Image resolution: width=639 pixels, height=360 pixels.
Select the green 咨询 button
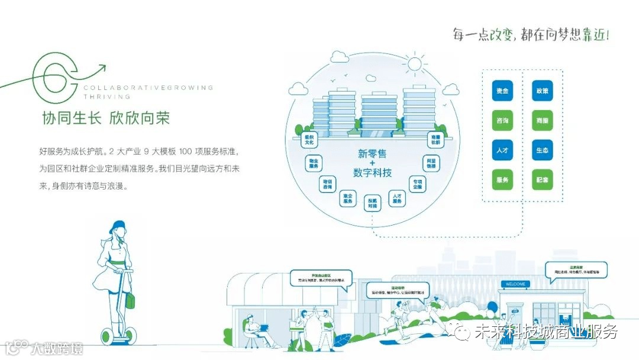[502, 121]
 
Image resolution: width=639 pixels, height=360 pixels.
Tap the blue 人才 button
[502, 150]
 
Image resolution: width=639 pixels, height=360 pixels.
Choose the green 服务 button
[502, 179]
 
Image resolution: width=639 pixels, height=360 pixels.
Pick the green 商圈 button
[543, 121]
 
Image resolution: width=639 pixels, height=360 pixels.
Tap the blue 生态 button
[543, 150]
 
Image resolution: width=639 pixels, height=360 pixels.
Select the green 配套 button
[543, 179]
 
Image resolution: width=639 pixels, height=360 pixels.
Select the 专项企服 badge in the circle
[418, 184]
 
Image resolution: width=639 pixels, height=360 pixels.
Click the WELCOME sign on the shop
[515, 284]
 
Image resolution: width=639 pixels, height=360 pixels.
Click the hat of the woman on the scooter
[118, 226]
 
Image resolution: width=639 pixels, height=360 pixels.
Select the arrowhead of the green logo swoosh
[104, 66]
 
